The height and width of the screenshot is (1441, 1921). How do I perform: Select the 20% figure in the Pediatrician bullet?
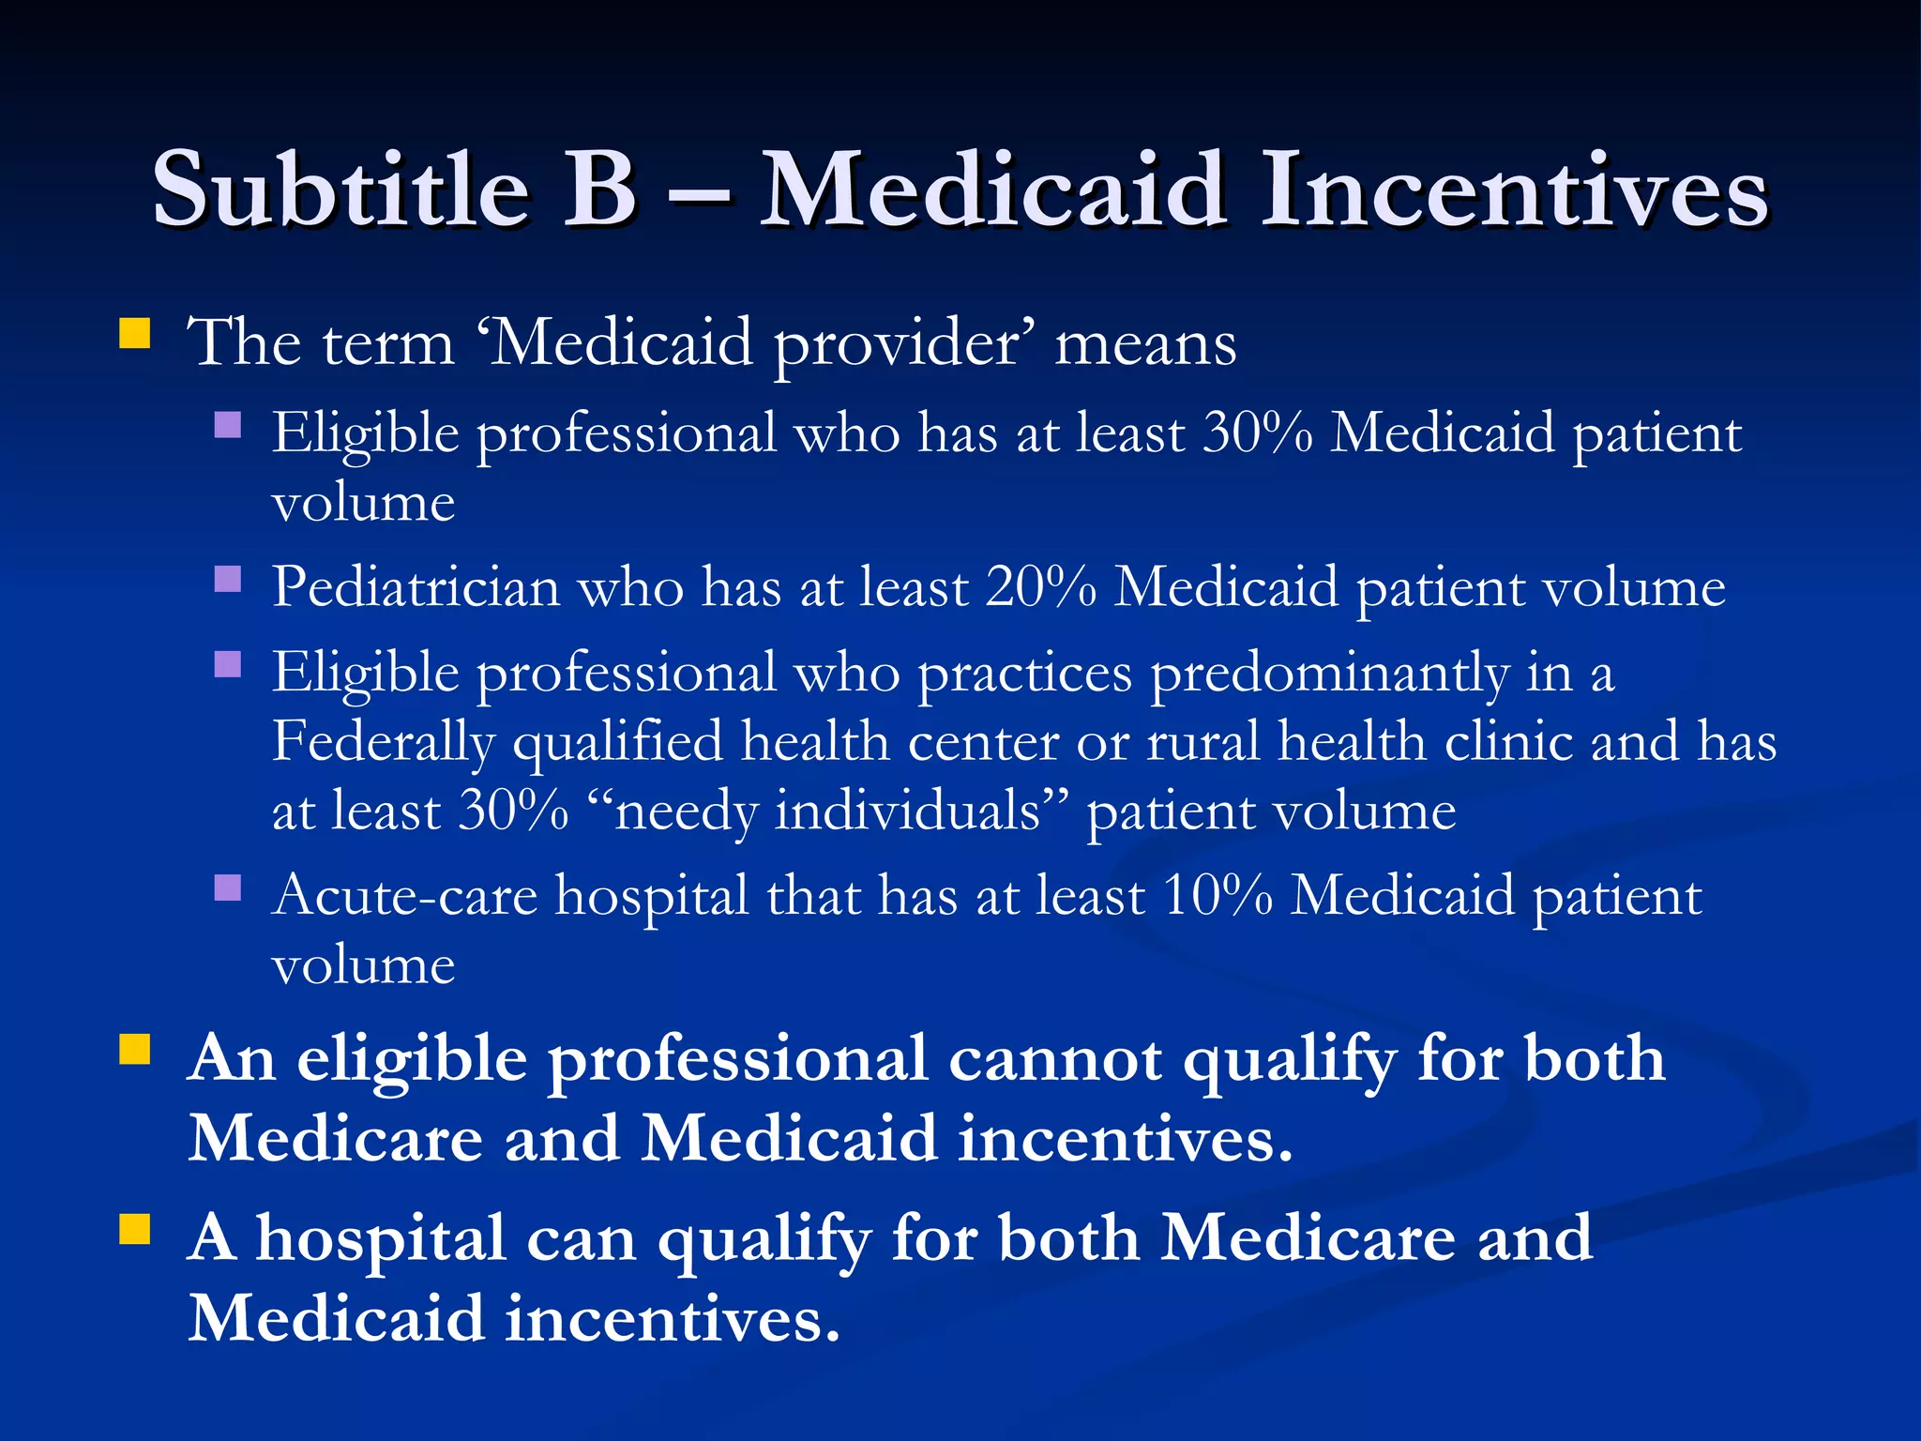click(1040, 588)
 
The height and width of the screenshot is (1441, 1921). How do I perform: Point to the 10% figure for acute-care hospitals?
click(1217, 896)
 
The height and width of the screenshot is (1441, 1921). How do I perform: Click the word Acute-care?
click(405, 896)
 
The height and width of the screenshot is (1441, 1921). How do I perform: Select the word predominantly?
click(1329, 674)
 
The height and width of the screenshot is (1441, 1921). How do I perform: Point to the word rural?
click(1203, 742)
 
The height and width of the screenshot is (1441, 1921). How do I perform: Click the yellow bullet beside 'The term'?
click(135, 333)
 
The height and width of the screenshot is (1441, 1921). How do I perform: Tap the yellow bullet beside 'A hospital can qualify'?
click(135, 1228)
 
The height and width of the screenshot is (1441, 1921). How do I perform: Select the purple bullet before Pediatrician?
click(228, 579)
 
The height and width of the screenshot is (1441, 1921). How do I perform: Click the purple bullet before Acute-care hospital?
click(228, 887)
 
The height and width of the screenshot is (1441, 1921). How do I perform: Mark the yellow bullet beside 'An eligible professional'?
click(135, 1050)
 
